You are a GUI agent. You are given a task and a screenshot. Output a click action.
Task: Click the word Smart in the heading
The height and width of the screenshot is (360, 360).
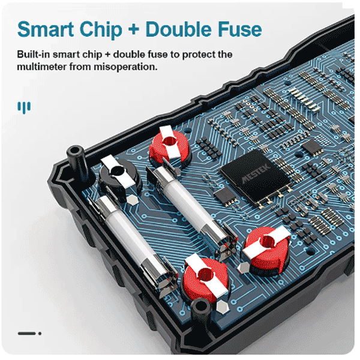(46, 29)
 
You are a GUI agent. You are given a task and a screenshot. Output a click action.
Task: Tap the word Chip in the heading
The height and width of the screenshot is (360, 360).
(101, 30)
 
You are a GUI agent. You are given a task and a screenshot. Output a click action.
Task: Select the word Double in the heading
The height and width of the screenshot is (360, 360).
(178, 29)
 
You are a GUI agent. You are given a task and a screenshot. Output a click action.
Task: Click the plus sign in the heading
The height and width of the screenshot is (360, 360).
(134, 30)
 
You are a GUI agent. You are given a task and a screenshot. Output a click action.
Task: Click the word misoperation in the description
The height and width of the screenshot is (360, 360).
(125, 67)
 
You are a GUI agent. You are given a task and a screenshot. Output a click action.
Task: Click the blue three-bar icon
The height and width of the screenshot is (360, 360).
(24, 107)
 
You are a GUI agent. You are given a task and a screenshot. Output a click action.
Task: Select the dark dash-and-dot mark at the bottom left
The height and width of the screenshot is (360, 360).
(29, 334)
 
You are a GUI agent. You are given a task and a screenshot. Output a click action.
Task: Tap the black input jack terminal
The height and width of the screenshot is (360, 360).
(119, 177)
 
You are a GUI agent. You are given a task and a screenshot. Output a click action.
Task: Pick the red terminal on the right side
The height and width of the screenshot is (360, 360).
(267, 247)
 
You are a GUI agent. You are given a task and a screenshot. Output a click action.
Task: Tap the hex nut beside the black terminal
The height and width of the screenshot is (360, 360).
(133, 200)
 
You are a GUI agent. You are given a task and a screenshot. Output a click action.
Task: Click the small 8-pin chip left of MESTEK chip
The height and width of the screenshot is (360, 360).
(225, 196)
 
